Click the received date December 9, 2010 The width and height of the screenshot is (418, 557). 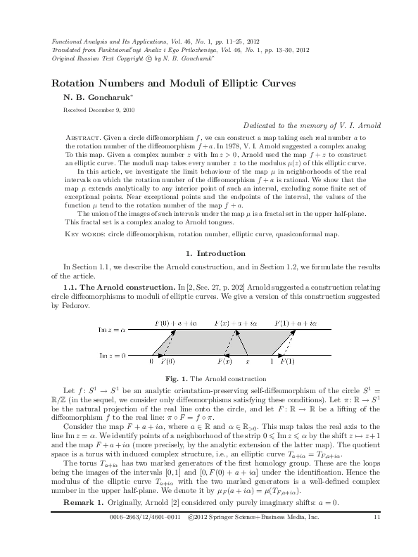[x=115, y=110]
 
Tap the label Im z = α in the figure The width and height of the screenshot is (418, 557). [x=111, y=328]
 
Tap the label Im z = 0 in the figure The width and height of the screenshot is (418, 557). [x=111, y=355]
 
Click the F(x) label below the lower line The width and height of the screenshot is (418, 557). [x=224, y=361]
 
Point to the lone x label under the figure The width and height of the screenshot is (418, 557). [x=247, y=361]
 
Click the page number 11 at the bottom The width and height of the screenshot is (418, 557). [x=377, y=537]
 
